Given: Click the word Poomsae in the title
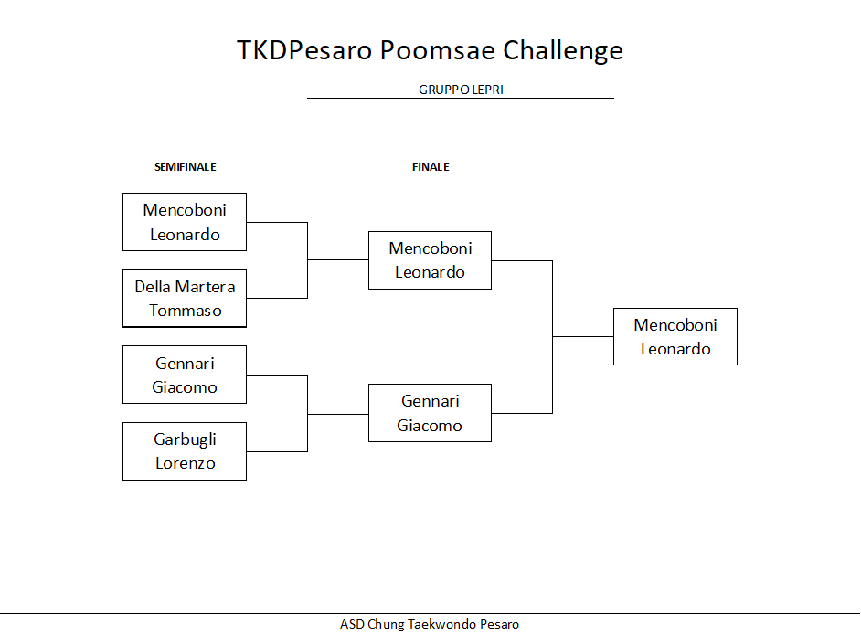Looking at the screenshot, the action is [438, 50].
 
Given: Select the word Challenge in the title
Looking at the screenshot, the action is [563, 51].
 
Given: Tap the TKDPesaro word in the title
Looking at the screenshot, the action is [304, 50].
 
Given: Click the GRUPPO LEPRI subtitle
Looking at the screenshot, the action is [461, 90].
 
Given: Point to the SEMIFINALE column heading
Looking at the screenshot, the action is [185, 167].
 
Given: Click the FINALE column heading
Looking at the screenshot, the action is [430, 167].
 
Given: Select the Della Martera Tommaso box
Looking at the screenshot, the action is [185, 299].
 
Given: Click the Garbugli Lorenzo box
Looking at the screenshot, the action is [185, 451].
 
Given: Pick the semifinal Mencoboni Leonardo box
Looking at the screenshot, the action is [185, 222].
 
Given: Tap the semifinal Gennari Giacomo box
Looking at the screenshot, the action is [185, 375].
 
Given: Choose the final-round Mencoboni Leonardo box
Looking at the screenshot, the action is [430, 260].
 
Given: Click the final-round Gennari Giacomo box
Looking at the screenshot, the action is [430, 413].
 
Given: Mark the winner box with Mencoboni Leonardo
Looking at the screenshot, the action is [675, 336].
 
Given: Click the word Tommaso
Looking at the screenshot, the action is [185, 311].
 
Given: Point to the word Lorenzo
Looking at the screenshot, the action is [185, 463].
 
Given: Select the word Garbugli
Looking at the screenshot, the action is [185, 440].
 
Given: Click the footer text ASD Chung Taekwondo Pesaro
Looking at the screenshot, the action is [430, 624].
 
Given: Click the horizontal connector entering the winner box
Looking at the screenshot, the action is [583, 336].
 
